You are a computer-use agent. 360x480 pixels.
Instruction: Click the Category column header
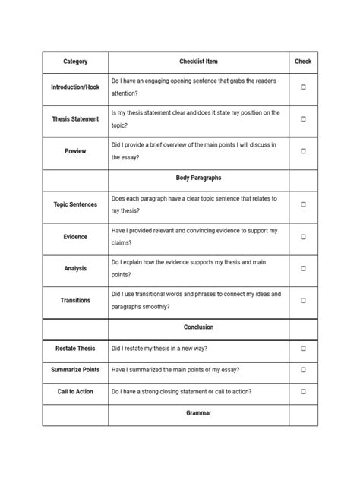(x=75, y=62)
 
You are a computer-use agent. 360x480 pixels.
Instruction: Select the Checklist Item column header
(x=198, y=62)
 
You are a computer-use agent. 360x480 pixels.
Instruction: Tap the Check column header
(x=303, y=62)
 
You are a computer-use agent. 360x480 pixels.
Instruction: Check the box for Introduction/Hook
(x=303, y=87)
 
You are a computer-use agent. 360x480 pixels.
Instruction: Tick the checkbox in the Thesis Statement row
(x=303, y=119)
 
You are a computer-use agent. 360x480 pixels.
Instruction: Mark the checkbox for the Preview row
(x=303, y=151)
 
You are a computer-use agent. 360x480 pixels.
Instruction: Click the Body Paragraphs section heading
(x=198, y=178)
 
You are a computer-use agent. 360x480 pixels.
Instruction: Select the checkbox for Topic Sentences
(x=303, y=204)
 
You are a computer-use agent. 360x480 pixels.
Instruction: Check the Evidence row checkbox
(x=303, y=237)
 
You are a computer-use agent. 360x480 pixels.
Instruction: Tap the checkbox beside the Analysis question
(x=303, y=268)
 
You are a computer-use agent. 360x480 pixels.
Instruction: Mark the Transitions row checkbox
(x=303, y=300)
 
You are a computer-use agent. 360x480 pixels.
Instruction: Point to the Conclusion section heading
(x=198, y=327)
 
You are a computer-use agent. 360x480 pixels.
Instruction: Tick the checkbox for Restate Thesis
(x=303, y=349)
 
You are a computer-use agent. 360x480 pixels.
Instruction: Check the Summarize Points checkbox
(x=303, y=370)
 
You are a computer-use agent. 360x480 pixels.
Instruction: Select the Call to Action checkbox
(x=303, y=392)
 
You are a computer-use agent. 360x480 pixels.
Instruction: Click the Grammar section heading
(x=198, y=413)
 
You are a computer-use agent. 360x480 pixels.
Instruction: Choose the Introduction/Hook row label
(x=75, y=87)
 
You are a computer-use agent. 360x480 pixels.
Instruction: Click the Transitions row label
(x=75, y=300)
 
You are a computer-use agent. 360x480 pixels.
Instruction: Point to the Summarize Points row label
(x=75, y=370)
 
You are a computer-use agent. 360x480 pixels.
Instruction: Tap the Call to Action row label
(x=75, y=392)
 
